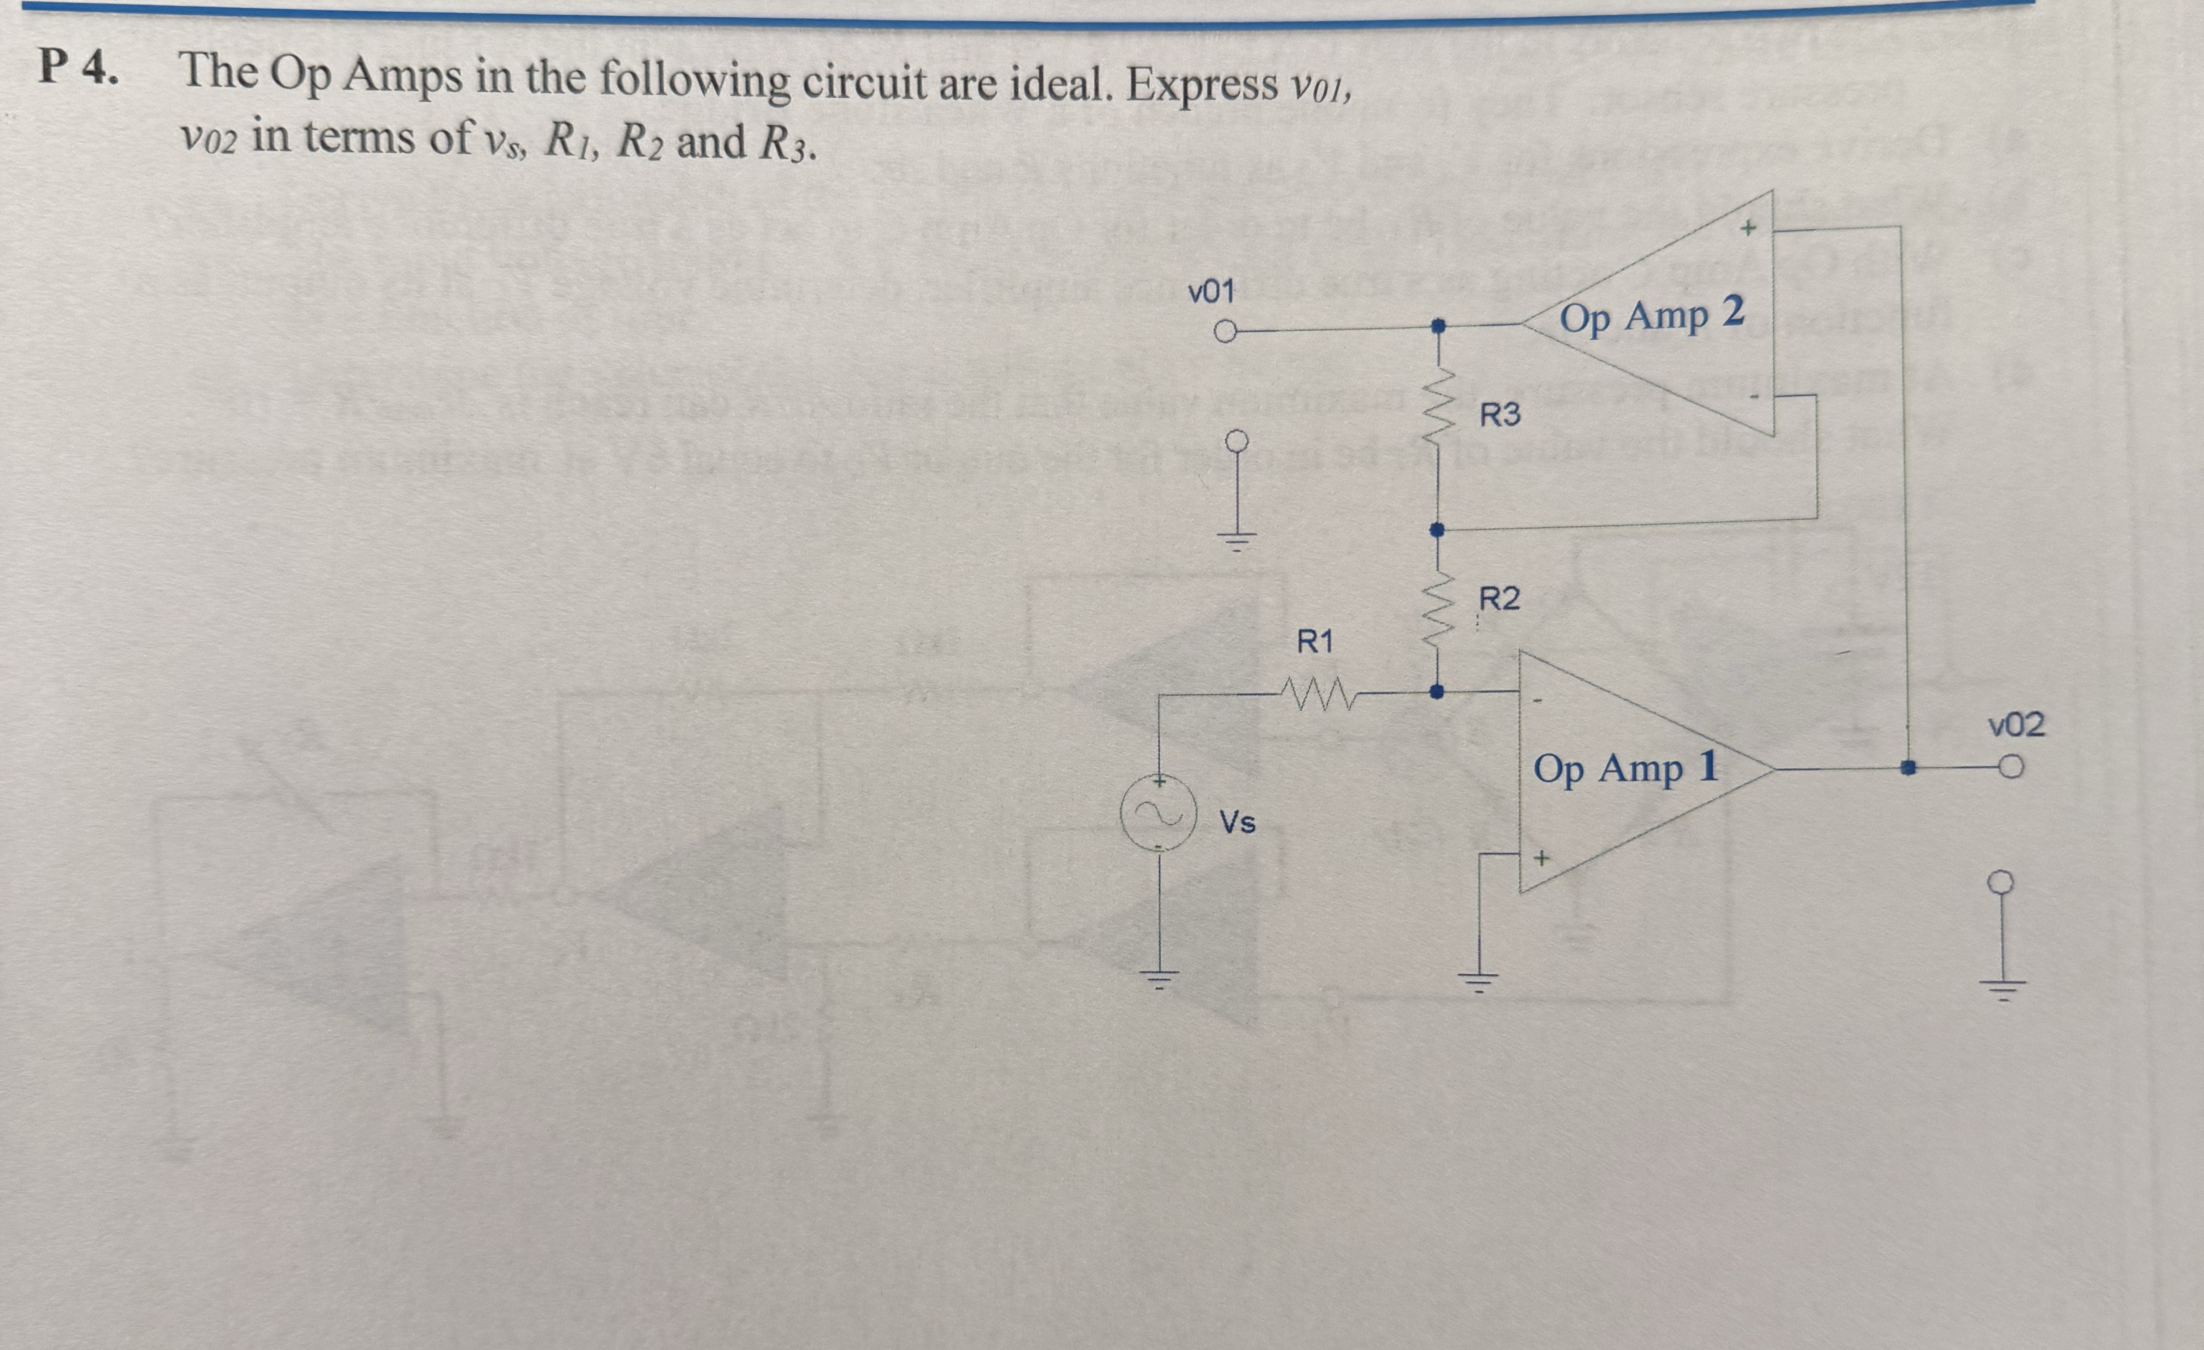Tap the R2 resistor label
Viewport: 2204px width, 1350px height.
[x=1499, y=598]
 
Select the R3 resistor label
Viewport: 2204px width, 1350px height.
[x=1499, y=415]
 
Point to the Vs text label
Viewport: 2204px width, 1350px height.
[x=1238, y=822]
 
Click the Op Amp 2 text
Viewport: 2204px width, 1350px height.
[x=1651, y=316]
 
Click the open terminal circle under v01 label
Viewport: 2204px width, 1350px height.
[x=1224, y=333]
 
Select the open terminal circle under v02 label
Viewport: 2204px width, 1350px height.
[x=2011, y=768]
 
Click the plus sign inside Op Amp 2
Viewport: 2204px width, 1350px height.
[x=1748, y=228]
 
